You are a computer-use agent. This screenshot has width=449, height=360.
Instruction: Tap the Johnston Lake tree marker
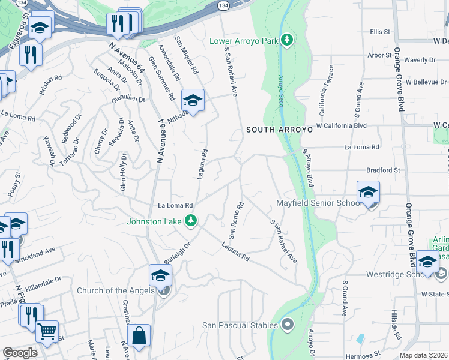click(191, 221)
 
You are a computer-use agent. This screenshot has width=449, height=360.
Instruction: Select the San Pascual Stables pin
click(288, 325)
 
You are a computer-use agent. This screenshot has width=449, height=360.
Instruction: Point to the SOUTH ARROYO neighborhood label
click(279, 129)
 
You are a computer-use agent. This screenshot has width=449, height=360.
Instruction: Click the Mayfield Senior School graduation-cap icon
click(368, 193)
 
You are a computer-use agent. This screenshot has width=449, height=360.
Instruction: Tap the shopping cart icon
click(47, 330)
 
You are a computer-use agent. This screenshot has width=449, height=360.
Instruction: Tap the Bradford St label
click(384, 170)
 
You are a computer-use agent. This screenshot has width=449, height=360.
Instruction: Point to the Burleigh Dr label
click(176, 254)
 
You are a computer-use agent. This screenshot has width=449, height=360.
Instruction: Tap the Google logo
click(20, 353)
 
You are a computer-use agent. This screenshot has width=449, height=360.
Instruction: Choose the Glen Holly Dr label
click(124, 172)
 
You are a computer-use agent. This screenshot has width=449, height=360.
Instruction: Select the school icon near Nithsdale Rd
click(193, 100)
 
